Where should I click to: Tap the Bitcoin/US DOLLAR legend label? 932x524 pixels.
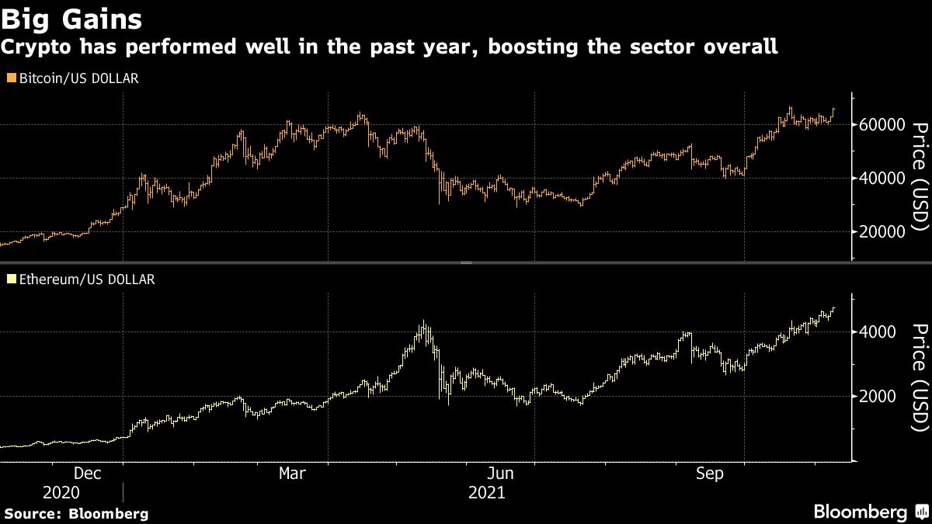point(77,78)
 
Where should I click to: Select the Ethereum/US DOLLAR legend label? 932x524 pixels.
point(85,279)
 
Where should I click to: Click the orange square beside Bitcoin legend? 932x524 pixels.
point(9,78)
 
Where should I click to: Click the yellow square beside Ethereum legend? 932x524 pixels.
point(9,279)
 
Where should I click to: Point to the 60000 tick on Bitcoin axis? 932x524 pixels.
point(882,125)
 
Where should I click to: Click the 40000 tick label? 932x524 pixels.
point(882,179)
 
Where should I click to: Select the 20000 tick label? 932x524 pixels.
point(882,232)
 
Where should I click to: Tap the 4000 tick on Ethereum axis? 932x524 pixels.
point(877,331)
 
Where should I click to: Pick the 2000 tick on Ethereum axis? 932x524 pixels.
point(877,397)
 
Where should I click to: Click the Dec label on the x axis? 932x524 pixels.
point(86,473)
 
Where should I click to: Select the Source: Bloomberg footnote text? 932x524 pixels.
point(76,513)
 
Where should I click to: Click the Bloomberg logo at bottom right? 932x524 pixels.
point(860,512)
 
